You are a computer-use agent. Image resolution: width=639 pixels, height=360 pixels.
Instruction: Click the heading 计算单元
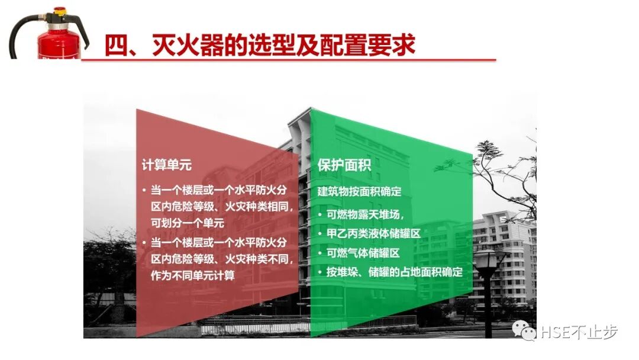pyautogui.click(x=166, y=165)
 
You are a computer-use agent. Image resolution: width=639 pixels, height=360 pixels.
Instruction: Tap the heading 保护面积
pyautogui.click(x=344, y=165)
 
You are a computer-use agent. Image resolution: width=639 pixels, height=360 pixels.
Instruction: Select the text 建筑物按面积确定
pyautogui.click(x=359, y=191)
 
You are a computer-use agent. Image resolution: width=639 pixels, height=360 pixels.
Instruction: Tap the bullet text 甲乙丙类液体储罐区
pyautogui.click(x=374, y=233)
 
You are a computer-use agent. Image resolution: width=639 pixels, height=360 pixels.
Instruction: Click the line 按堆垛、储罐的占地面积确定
pyautogui.click(x=394, y=272)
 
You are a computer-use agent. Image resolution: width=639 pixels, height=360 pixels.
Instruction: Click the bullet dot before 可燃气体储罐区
pyautogui.click(x=320, y=253)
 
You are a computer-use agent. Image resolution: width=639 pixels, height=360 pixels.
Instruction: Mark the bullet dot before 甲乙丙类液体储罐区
pyautogui.click(x=320, y=233)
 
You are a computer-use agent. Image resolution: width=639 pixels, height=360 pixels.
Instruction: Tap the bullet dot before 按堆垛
pyautogui.click(x=320, y=272)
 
